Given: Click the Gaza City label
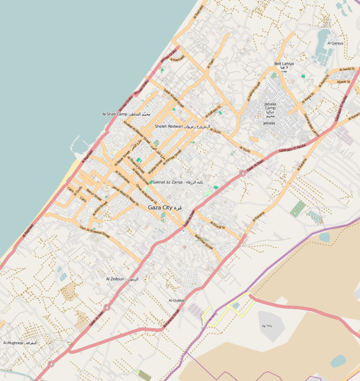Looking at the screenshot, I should pos(165,208).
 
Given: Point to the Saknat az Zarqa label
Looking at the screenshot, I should pos(178,182).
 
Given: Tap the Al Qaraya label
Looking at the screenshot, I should pos(335,43).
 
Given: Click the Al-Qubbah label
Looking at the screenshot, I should pos(177,300).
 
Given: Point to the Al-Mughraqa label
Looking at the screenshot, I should pos(19,343).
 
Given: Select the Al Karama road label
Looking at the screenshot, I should pos(258,217).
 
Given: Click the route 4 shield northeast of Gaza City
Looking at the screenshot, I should pos(242,172).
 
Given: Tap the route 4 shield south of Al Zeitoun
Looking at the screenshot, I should pos(107,307).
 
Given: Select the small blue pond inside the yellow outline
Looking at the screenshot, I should pos(236,306).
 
